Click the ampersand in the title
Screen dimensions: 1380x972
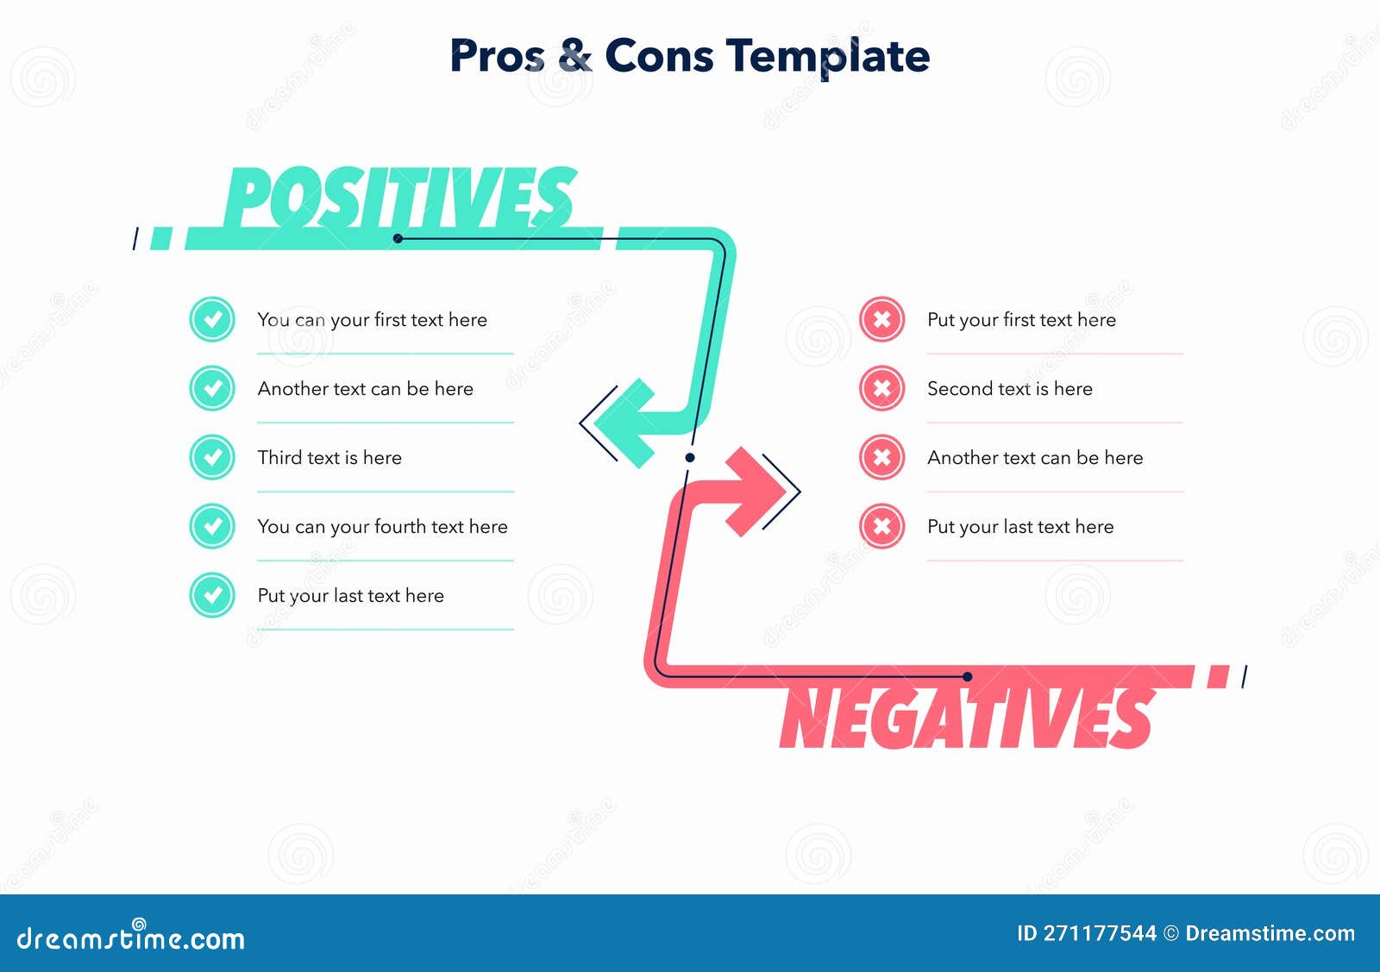[574, 55]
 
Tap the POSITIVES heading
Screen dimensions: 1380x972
[400, 198]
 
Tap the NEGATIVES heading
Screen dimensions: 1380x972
[967, 718]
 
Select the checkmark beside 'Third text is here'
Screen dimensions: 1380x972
[212, 457]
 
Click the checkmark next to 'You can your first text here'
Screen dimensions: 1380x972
[212, 319]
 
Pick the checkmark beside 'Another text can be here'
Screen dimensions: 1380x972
[212, 388]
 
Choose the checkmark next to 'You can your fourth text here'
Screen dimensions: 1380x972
[212, 526]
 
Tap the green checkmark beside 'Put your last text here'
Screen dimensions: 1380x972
[212, 595]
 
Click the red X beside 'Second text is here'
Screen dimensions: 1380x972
[881, 388]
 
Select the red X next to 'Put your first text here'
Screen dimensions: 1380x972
[881, 319]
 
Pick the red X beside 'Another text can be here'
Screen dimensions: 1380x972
[881, 457]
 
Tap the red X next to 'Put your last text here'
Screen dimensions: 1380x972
[881, 526]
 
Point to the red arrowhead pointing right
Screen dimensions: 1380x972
[756, 492]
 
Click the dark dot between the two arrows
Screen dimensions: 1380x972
[690, 457]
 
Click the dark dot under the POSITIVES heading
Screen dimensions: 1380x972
[398, 238]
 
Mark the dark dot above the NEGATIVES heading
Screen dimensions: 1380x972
[967, 676]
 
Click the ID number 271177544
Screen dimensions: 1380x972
[1101, 934]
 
